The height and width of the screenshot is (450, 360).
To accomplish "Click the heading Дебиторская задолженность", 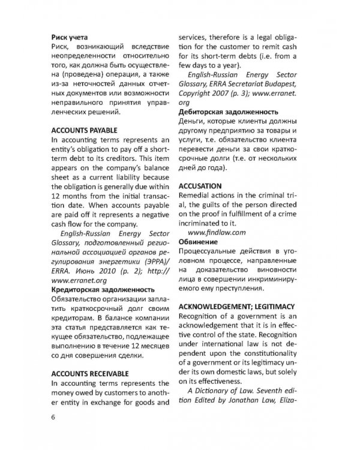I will [229, 112].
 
